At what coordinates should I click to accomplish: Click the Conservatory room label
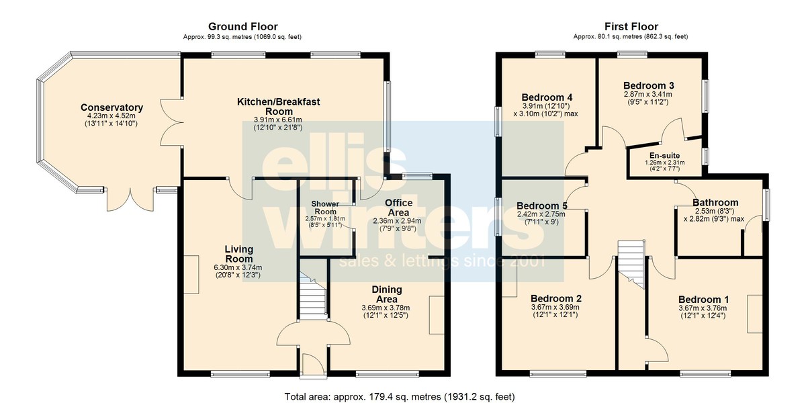click(112, 107)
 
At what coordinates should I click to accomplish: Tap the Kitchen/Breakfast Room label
click(279, 107)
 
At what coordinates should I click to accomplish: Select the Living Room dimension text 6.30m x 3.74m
click(238, 267)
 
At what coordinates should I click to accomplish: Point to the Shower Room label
click(325, 208)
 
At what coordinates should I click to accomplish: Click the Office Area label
click(398, 208)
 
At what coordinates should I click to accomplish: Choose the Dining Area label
click(387, 294)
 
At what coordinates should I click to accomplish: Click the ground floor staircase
click(313, 296)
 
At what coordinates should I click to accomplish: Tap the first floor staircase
click(631, 264)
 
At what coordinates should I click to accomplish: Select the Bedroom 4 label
click(547, 97)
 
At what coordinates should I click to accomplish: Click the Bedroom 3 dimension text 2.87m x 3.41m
click(648, 95)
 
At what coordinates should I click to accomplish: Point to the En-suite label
click(664, 155)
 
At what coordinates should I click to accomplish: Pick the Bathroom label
click(715, 203)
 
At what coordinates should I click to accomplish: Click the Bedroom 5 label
click(542, 206)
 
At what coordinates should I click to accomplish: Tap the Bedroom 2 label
click(556, 299)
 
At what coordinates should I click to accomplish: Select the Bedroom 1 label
click(703, 300)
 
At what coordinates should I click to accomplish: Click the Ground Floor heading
click(243, 27)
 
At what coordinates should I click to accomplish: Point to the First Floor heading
click(631, 27)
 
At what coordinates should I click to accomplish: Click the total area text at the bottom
click(400, 396)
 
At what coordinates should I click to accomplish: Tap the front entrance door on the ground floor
click(314, 366)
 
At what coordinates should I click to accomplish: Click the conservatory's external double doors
click(130, 200)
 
